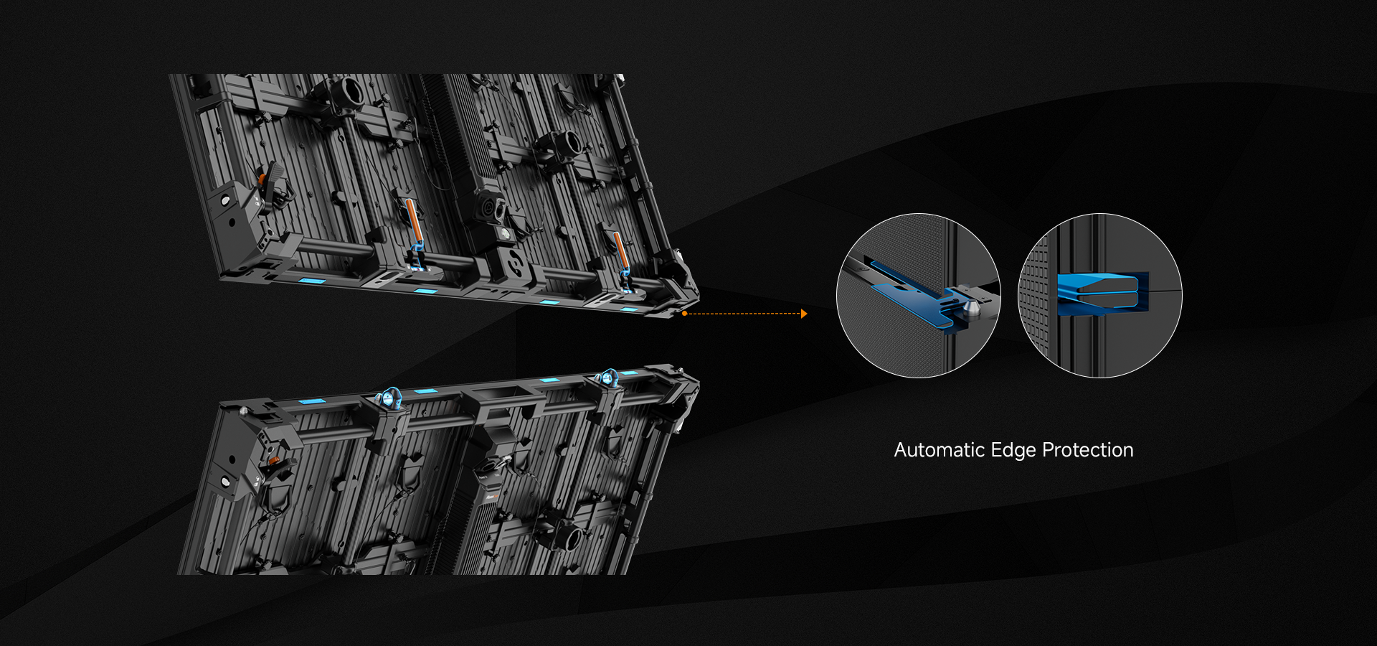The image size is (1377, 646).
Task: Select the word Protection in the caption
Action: pos(1088,450)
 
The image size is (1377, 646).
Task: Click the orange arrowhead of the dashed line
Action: pos(804,314)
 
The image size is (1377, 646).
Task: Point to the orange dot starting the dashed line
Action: pos(685,314)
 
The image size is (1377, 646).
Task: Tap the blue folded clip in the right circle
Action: pos(1103,293)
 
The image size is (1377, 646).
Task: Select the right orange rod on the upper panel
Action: pos(620,251)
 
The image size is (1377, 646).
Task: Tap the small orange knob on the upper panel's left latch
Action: pos(262,177)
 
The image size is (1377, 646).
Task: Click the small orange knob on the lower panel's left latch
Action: pos(273,459)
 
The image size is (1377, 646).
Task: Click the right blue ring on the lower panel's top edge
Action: pos(608,378)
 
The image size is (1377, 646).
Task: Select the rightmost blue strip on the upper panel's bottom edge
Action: pos(629,309)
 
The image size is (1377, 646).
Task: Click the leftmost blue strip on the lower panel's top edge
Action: pos(312,401)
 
